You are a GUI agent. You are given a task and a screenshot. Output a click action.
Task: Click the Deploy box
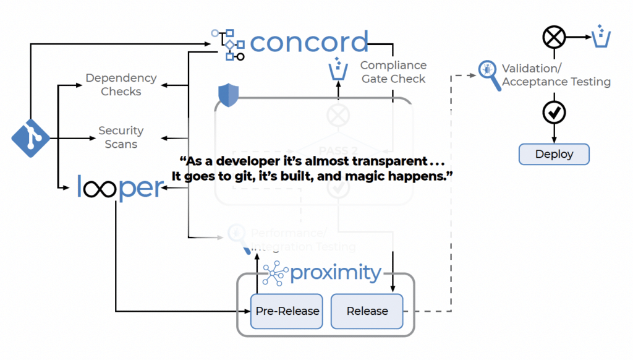pyautogui.click(x=554, y=154)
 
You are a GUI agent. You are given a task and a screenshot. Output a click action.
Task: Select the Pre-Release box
pyautogui.click(x=287, y=311)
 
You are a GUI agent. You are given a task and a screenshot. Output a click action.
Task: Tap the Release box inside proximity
pyautogui.click(x=367, y=311)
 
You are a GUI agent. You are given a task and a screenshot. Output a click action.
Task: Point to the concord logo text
pyautogui.click(x=309, y=42)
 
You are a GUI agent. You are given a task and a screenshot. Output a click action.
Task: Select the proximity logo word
pyautogui.click(x=335, y=273)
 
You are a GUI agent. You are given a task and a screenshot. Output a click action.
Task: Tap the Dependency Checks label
pyautogui.click(x=121, y=85)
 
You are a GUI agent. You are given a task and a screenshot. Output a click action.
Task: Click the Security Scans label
pyautogui.click(x=121, y=137)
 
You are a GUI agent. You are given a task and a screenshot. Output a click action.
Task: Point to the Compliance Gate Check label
pyautogui.click(x=393, y=72)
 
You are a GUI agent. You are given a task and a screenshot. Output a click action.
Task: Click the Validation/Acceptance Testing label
pyautogui.click(x=556, y=75)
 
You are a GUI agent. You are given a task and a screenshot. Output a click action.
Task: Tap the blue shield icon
pyautogui.click(x=228, y=95)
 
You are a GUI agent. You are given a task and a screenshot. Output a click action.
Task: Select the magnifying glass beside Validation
pyautogui.click(x=489, y=75)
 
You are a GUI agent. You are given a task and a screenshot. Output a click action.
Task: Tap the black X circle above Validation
pyautogui.click(x=554, y=38)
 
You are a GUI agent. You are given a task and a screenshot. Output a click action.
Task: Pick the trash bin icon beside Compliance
pyautogui.click(x=338, y=69)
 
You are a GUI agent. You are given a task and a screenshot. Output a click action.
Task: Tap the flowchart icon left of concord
pyautogui.click(x=227, y=44)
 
